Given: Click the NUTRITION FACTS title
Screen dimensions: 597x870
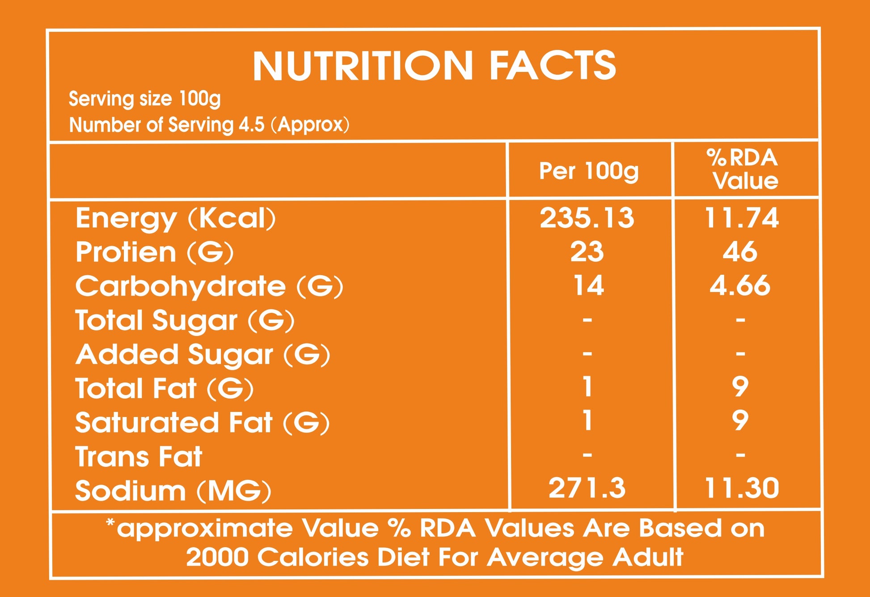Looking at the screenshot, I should pyautogui.click(x=434, y=66).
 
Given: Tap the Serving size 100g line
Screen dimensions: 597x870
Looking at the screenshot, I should pyautogui.click(x=144, y=99).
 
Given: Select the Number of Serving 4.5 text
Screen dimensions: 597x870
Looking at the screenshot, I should pyautogui.click(x=209, y=125).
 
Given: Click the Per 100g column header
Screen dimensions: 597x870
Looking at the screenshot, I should pyautogui.click(x=589, y=171).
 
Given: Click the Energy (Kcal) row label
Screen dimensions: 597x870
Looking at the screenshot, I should pyautogui.click(x=176, y=219).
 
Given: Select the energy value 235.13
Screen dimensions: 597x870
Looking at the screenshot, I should pyautogui.click(x=587, y=218).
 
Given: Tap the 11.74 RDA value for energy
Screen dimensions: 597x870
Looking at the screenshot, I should pyautogui.click(x=742, y=218).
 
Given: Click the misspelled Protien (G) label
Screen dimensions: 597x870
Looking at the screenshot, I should pyautogui.click(x=154, y=252).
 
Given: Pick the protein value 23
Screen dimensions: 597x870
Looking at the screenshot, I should pyautogui.click(x=587, y=252).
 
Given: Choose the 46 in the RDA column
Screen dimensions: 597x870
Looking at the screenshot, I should pyautogui.click(x=740, y=252).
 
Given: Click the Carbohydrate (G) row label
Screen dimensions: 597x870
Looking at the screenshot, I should pyautogui.click(x=209, y=286).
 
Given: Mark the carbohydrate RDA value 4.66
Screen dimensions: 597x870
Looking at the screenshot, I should pyautogui.click(x=740, y=286).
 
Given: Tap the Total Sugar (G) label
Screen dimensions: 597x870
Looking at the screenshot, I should pyautogui.click(x=185, y=321).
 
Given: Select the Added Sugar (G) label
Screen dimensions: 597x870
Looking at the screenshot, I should pyautogui.click(x=203, y=355).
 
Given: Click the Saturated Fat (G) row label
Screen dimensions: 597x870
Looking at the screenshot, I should pyautogui.click(x=202, y=423).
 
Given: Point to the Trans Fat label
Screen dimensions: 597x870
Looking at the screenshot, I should pyautogui.click(x=139, y=457).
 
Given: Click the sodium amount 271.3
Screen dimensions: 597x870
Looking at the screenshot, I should pyautogui.click(x=587, y=488).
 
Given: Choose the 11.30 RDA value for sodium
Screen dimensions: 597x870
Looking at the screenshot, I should pyautogui.click(x=742, y=488).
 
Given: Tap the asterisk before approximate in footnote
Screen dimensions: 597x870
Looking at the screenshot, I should pyautogui.click(x=110, y=522).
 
